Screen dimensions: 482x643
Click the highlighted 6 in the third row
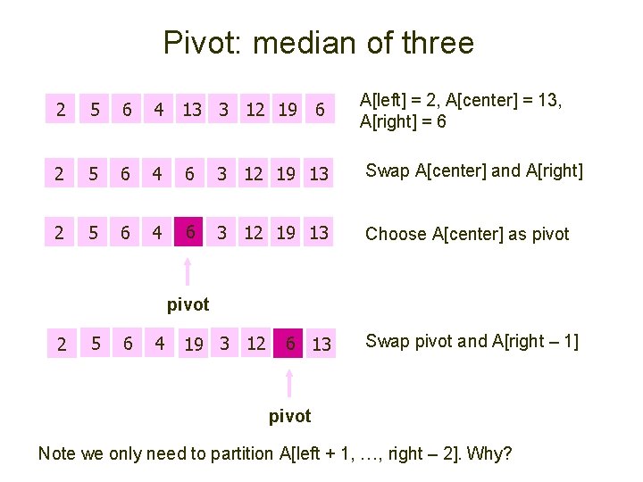189,233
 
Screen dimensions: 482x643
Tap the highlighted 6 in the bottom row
290,344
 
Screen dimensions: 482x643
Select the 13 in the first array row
191,111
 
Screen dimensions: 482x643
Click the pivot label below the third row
188,304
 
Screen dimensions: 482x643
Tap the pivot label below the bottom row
289,416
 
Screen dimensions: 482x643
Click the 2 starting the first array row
60,111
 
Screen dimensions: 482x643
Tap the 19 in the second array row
288,173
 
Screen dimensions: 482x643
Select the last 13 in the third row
319,234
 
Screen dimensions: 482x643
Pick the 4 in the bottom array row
159,344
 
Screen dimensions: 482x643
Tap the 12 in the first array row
255,111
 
